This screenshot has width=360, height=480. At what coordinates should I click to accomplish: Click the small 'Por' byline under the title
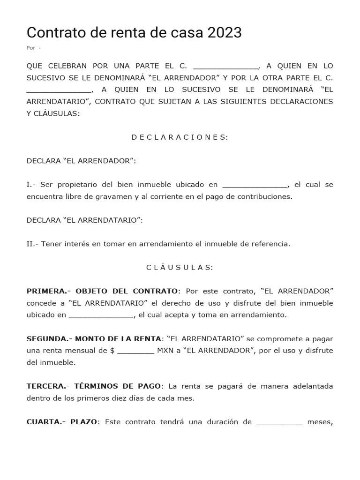pos(31,48)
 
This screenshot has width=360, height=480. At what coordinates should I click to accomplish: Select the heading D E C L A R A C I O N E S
pos(180,137)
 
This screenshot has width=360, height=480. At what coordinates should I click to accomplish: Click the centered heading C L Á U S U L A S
pos(180,267)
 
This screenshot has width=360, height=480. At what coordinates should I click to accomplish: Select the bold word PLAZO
pos(84,421)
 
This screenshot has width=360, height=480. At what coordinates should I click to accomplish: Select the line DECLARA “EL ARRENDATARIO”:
pos(85,220)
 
